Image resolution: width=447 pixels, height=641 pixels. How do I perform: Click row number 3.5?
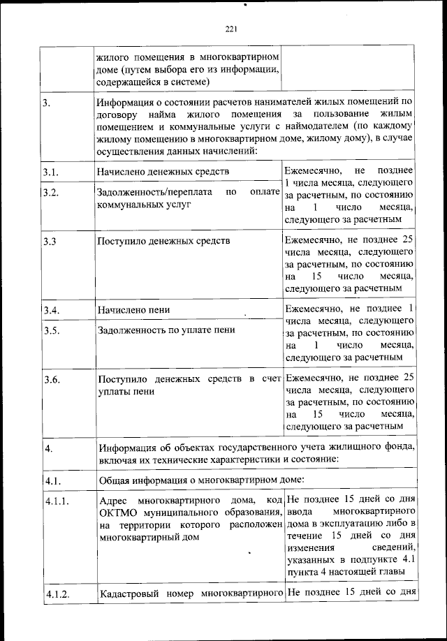(49, 331)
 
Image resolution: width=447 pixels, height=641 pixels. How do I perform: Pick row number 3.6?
(49, 380)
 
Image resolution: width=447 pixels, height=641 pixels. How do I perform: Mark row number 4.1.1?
(54, 501)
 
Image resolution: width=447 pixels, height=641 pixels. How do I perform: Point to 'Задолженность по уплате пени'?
(166, 330)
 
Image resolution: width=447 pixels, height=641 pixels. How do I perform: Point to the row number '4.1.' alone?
(52, 480)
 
